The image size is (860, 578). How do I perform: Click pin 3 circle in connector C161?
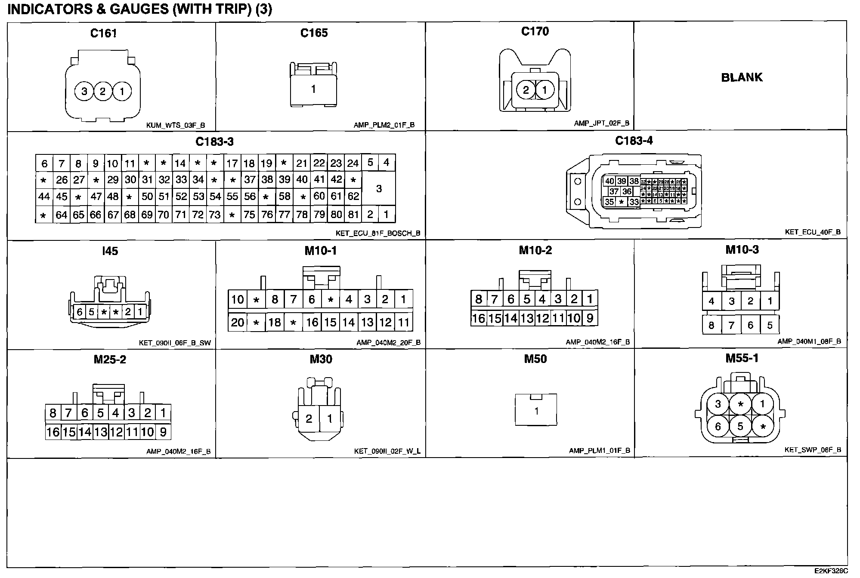[x=84, y=91]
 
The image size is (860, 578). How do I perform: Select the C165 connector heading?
[x=314, y=33]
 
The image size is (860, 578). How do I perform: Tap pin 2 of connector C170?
[x=526, y=90]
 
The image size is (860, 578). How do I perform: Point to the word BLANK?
[x=742, y=77]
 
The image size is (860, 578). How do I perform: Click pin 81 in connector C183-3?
[x=353, y=214]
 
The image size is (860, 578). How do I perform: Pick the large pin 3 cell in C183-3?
[x=379, y=188]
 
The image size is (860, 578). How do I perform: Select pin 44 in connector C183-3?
[x=44, y=197]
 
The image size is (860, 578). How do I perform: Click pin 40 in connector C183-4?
[x=609, y=181]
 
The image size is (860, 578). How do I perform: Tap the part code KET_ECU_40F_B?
[x=813, y=232]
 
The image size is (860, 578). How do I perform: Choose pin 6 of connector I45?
[x=80, y=312]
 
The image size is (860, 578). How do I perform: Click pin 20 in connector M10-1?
[x=238, y=322]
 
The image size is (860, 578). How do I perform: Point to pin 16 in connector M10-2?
[x=478, y=318]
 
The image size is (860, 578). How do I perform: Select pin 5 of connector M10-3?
[x=770, y=325]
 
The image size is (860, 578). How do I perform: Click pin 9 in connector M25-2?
[x=163, y=432]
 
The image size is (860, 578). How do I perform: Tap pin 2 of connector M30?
[x=309, y=418]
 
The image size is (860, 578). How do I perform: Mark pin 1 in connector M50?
[x=536, y=411]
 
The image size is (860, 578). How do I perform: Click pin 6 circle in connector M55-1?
[x=718, y=426]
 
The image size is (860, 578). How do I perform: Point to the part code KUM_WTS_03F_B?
[x=176, y=126]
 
